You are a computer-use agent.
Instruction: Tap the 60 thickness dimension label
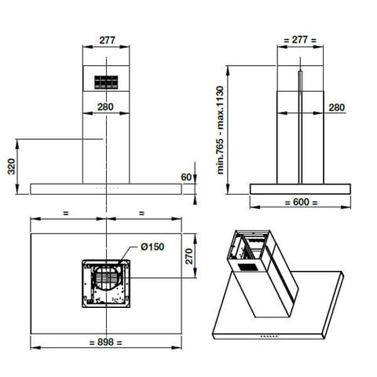click(x=185, y=176)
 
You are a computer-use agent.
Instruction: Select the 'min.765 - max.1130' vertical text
click(x=222, y=130)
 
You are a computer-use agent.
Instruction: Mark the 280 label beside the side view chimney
click(x=336, y=108)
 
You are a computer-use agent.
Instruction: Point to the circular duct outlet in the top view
click(x=108, y=280)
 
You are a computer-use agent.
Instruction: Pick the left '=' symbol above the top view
click(x=66, y=213)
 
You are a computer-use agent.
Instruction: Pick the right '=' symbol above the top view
click(x=141, y=213)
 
